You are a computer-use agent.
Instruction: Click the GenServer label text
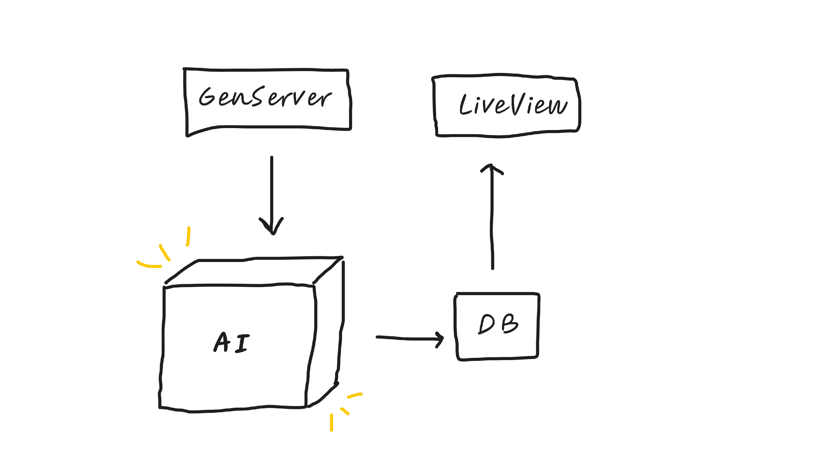click(x=265, y=97)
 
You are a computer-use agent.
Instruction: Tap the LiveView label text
click(x=513, y=104)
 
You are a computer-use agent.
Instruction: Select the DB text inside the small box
click(x=498, y=324)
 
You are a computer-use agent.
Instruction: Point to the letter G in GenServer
click(x=207, y=96)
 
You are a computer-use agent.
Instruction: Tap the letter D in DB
click(x=487, y=324)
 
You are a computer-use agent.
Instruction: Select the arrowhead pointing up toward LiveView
click(x=492, y=169)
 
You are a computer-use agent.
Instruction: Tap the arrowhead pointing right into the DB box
click(x=440, y=339)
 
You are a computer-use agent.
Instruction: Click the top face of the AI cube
click(x=253, y=272)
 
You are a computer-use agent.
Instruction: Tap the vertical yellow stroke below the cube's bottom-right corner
click(x=331, y=422)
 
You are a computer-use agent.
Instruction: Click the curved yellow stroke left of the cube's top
click(x=148, y=265)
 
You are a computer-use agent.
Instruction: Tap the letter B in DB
click(x=510, y=323)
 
